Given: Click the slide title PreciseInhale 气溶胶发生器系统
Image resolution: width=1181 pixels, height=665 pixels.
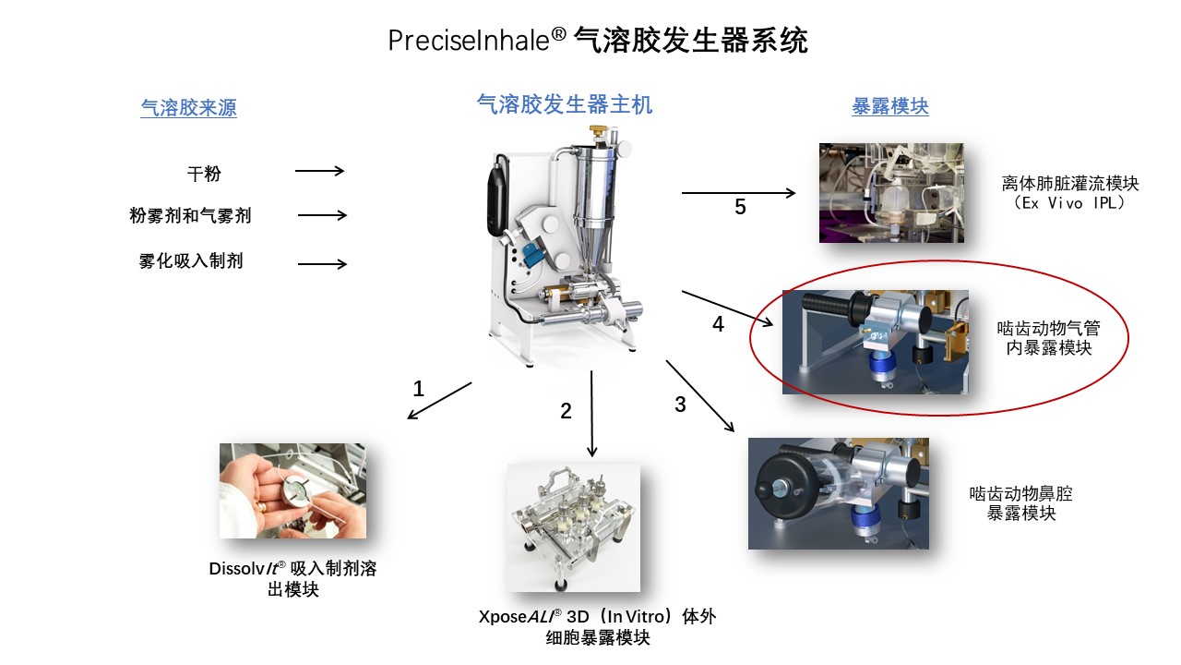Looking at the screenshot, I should (x=598, y=41).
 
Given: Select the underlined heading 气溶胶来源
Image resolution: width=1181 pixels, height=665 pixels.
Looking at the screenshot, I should (x=188, y=108).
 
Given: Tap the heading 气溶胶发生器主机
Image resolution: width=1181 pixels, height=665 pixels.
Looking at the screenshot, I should (x=564, y=104).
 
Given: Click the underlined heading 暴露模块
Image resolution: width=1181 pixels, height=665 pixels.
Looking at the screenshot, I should (x=889, y=106).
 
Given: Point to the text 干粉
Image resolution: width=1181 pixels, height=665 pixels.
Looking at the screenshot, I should (x=204, y=173).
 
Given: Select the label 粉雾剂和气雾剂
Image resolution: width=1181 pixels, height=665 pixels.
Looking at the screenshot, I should (x=190, y=216).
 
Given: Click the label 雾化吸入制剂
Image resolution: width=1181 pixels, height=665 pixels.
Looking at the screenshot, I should (x=191, y=261).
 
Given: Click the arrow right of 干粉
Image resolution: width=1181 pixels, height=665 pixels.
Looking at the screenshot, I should (x=319, y=171).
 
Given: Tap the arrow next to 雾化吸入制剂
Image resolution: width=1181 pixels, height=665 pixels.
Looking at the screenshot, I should (x=322, y=264).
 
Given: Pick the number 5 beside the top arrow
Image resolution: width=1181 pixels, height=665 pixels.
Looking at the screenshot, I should (x=740, y=207).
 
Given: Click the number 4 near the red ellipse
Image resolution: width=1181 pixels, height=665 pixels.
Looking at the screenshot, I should (x=718, y=325).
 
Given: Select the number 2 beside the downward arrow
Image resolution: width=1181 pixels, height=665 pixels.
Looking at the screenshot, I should (x=567, y=412).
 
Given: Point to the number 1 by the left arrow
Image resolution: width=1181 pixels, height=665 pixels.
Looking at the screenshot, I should (x=418, y=389).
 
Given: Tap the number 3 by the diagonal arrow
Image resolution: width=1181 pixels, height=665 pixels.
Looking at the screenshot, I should (x=680, y=405).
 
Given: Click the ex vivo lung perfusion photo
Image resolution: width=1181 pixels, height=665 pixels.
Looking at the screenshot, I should (x=891, y=193).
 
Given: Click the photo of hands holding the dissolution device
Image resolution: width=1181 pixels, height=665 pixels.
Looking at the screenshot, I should (x=292, y=490).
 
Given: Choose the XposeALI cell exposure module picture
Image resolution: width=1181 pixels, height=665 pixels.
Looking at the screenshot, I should (x=573, y=527).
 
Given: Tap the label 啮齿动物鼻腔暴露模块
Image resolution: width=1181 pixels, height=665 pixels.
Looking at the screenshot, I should (x=1021, y=503).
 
